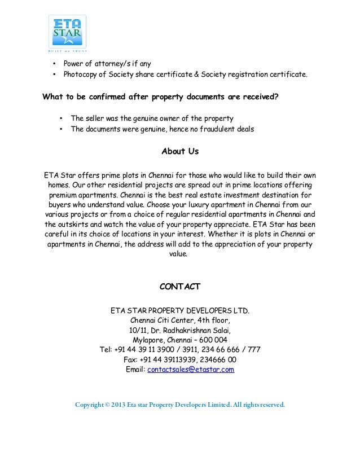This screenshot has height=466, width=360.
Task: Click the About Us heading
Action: [x=180, y=152]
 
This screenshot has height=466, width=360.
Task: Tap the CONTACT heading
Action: [x=180, y=287]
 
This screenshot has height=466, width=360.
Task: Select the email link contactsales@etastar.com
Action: [x=190, y=370]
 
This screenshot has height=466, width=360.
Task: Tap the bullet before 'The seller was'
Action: [x=61, y=118]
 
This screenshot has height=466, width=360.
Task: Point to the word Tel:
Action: [x=106, y=350]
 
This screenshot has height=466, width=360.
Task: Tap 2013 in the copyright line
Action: [x=118, y=405]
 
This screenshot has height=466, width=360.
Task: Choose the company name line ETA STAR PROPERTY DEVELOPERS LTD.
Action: [x=180, y=310]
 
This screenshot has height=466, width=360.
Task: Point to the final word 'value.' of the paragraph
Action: [x=180, y=254]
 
